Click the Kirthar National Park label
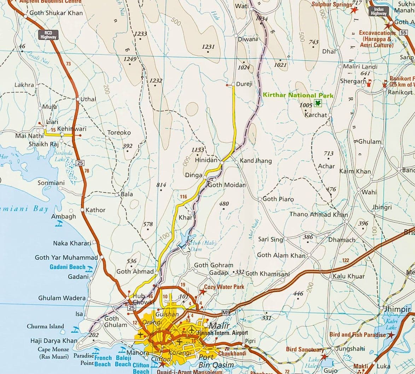(x=298, y=95)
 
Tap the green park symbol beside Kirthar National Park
(x=318, y=103)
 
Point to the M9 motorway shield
(x=226, y=312)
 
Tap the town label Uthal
(x=88, y=99)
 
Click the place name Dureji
(x=244, y=84)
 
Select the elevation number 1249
(x=130, y=59)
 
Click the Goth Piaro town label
(x=278, y=199)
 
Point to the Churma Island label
(x=45, y=326)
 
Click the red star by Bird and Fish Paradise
(x=391, y=335)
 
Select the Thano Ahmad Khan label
(x=318, y=214)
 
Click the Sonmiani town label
(x=51, y=183)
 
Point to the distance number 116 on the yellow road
(x=183, y=197)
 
